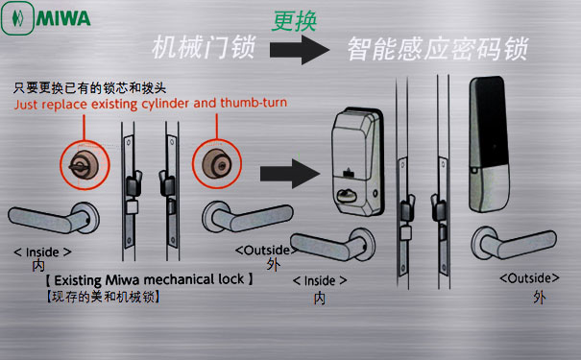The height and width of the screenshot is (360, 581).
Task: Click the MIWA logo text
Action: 63,18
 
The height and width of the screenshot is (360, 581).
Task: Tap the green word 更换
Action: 295,21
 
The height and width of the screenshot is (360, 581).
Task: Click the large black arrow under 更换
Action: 300,50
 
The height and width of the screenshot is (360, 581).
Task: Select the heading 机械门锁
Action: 204,47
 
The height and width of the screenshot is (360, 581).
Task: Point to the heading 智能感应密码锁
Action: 438,49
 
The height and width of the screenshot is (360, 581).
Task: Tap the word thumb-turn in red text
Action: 254,103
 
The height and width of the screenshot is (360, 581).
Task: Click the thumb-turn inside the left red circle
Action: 82,166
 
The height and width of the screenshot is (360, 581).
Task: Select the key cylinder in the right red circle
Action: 217,163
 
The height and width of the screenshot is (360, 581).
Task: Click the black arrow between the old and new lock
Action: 290,174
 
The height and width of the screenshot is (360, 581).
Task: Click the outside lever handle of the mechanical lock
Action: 248,216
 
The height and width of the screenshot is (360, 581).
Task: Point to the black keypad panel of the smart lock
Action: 490,122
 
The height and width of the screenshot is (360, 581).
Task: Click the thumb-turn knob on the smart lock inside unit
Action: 346,196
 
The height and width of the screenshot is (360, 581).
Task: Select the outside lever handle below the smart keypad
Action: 514,243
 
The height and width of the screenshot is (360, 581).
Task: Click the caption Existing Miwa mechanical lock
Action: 149,279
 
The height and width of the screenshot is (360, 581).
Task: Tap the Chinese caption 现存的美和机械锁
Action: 103,297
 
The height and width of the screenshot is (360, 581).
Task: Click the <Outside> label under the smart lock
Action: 529,278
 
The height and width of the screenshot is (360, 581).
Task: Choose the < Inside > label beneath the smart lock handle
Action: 320,280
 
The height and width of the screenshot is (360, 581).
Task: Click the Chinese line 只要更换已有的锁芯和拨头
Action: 89,88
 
